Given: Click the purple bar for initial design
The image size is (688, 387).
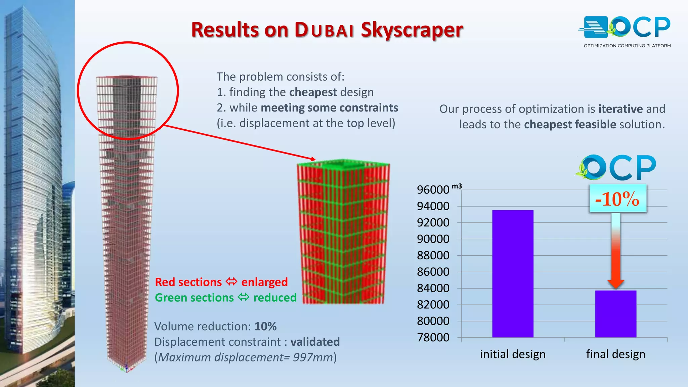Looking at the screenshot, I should tap(513, 273).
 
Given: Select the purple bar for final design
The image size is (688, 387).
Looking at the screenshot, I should tap(615, 314).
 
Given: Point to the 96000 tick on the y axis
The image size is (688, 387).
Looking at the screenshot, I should tap(433, 190).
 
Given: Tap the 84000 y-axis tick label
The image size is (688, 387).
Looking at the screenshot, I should tap(433, 288).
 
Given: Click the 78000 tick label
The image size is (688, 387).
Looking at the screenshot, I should tap(433, 337).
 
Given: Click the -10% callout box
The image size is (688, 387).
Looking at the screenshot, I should tap(617, 199).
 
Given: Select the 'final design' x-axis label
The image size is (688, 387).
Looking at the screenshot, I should tap(615, 354).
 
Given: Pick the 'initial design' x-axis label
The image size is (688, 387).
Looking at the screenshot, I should tap(513, 354).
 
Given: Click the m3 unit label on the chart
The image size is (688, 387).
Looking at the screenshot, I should tap(457, 186).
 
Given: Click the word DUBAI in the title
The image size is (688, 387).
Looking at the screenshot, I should tap(324, 30).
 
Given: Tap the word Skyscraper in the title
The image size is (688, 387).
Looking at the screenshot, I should tap(412, 30).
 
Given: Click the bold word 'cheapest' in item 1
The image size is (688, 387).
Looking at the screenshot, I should tap(313, 92).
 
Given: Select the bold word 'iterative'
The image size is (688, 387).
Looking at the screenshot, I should tap(620, 109).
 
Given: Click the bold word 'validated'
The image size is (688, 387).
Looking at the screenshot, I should tap(315, 342).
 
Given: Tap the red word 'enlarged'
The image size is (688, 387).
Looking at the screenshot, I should tap(264, 282).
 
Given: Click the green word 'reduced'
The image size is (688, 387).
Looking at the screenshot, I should tap(275, 298).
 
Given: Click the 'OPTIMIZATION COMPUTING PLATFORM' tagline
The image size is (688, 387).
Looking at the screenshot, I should tap(627, 46).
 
